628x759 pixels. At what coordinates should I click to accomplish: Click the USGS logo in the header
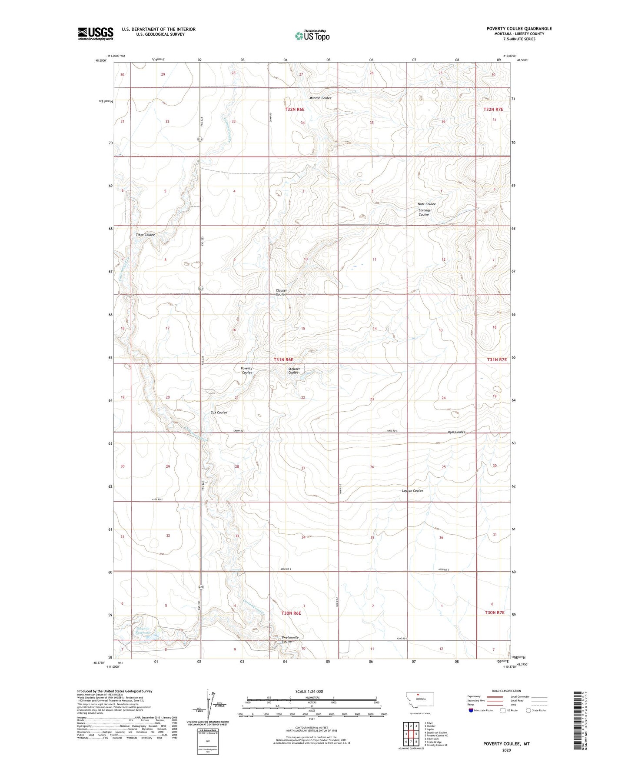pos(96,33)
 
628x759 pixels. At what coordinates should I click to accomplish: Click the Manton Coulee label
pos(320,98)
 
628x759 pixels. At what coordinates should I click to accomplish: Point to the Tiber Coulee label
pos(145,235)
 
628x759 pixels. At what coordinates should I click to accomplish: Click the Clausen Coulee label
pos(281,293)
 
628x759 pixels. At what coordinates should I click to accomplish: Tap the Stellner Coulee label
pos(294,371)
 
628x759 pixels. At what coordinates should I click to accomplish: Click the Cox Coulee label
pos(219,413)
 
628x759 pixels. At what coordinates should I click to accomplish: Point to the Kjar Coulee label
pos(456,432)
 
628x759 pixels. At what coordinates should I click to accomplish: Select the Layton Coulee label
pos(412,491)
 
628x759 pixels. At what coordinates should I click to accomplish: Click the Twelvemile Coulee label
pos(290,639)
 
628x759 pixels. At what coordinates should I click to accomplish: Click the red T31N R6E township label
pos(283,360)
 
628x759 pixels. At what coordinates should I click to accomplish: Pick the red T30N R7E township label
pos(495,613)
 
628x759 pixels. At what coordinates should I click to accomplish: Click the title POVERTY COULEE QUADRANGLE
pos(519,29)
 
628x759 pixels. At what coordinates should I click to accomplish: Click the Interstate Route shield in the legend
pos(472,711)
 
